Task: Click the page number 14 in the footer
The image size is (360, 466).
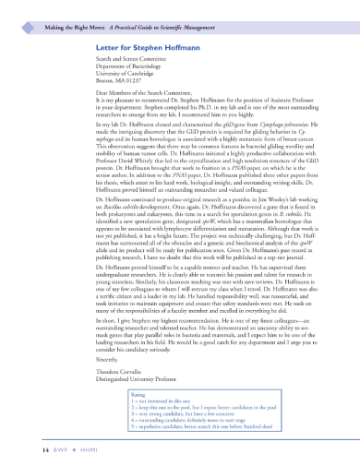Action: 35,448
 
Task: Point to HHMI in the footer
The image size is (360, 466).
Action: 78,448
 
